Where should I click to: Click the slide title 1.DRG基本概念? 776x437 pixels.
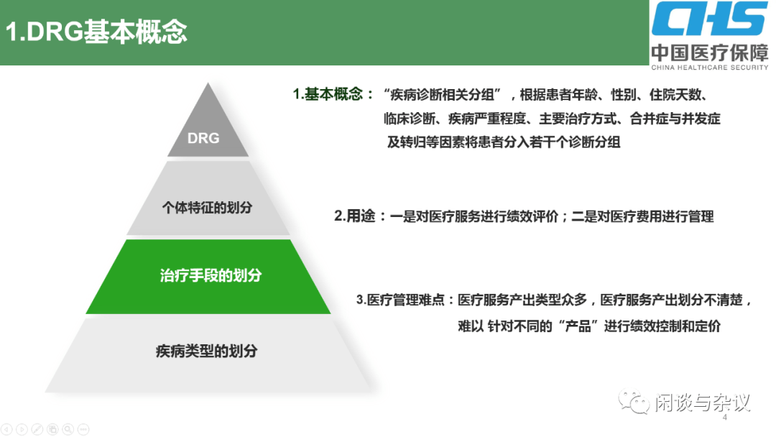(x=96, y=32)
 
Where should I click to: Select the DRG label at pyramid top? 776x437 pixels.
(x=203, y=137)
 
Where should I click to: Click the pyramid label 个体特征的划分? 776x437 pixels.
(x=207, y=207)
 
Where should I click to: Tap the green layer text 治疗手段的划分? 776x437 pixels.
(x=210, y=275)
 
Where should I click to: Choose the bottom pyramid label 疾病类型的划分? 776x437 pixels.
(x=206, y=351)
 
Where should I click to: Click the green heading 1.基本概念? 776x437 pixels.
(x=333, y=94)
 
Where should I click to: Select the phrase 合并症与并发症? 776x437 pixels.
(x=674, y=119)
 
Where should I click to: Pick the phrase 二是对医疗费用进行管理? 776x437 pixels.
(x=642, y=216)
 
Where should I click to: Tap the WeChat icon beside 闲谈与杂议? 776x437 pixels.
(x=636, y=402)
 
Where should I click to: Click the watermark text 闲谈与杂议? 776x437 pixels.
(x=702, y=402)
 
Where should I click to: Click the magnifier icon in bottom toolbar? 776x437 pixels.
(x=68, y=429)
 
